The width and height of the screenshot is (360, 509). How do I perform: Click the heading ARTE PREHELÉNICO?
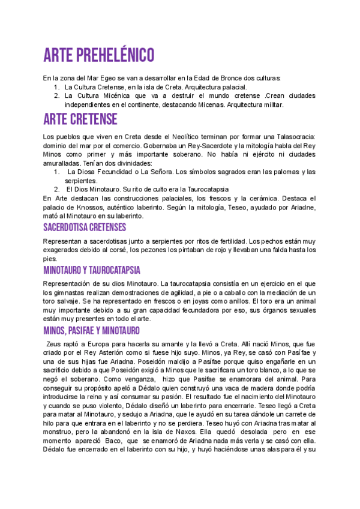[x=99, y=55]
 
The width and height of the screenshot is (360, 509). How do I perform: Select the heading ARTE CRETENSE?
[x=80, y=119]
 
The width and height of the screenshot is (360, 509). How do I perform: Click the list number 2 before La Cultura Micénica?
[x=56, y=95]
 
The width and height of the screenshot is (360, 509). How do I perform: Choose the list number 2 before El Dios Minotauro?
[x=56, y=189]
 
